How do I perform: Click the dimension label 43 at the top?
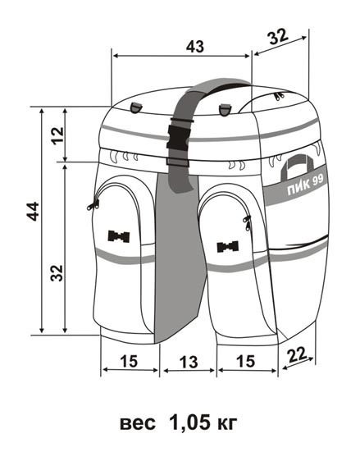pos(195,46)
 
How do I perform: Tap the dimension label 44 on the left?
pos(33,212)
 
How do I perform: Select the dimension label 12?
pos(57,135)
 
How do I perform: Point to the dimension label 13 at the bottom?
pos(189,362)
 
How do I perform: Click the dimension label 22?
pos(297,355)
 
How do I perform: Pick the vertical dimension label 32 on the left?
pos(57,272)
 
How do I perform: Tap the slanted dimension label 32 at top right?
pos(278,37)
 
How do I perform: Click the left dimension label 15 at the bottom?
pos(129,361)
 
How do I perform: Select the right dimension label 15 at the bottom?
pos(245,361)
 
